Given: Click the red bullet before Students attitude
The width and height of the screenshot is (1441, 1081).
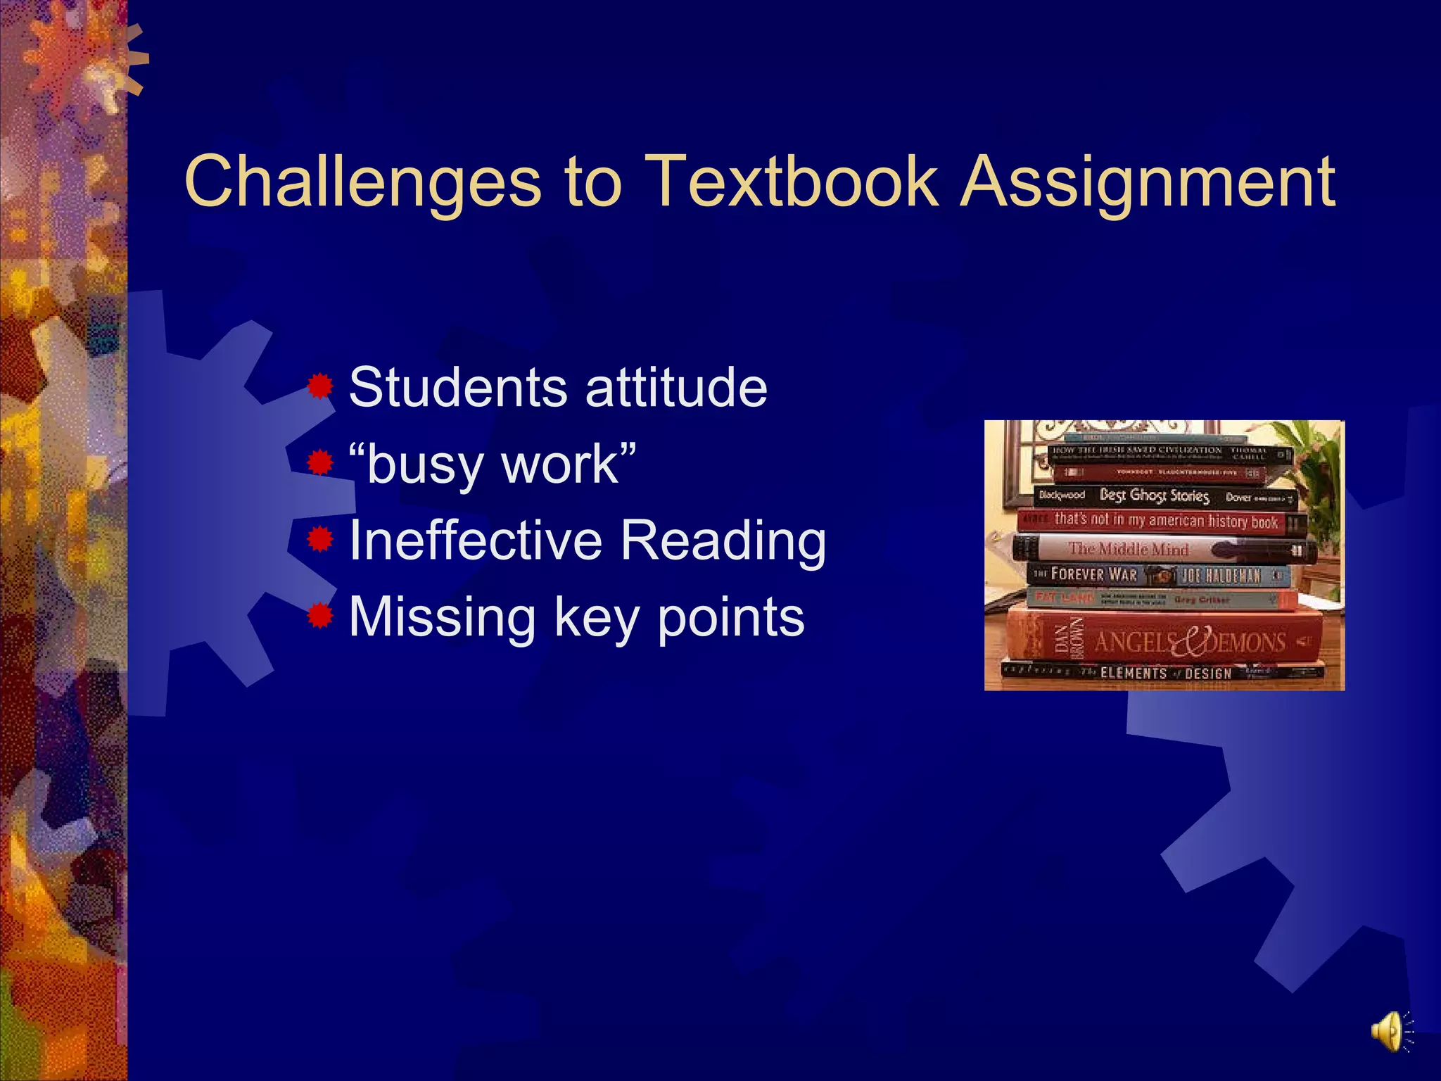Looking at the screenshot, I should [x=320, y=386].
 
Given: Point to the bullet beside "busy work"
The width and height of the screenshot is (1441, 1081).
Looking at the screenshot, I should [x=320, y=463].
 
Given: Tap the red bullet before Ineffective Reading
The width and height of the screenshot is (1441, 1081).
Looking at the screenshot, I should [x=320, y=540].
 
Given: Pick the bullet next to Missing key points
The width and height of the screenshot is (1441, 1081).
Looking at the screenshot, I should [x=320, y=617].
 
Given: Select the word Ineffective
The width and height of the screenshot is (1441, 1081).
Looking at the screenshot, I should [x=476, y=540].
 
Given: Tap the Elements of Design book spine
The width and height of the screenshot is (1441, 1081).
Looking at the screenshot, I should [x=1161, y=673].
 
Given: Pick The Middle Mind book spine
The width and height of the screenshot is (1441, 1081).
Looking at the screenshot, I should [x=1161, y=549].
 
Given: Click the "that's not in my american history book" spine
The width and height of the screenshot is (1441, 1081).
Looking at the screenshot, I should [x=1161, y=521].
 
